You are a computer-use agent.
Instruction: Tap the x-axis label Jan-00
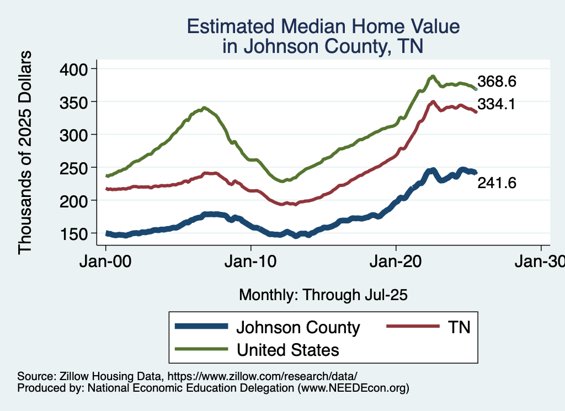click(x=105, y=261)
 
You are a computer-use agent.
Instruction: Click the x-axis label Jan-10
click(x=251, y=261)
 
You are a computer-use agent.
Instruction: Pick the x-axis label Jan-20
click(x=396, y=261)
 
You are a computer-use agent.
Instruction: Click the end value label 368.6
click(x=497, y=82)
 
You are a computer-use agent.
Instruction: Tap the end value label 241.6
click(x=497, y=183)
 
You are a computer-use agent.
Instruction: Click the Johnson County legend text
click(x=298, y=327)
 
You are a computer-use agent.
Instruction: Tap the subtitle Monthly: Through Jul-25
click(x=323, y=295)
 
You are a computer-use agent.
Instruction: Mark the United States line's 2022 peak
click(x=433, y=76)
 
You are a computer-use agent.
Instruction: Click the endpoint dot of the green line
click(x=476, y=89)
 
